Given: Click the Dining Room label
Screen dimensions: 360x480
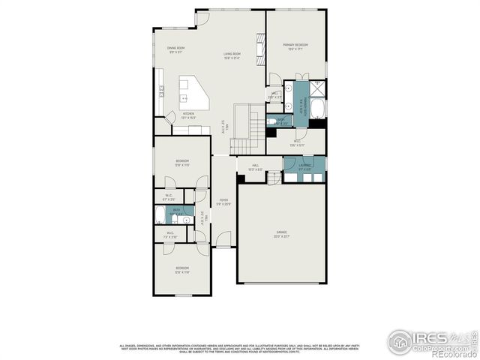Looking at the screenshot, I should (176, 49).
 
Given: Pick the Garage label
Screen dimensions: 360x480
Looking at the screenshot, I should (282, 234).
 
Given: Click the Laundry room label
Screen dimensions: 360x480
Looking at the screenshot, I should (304, 166).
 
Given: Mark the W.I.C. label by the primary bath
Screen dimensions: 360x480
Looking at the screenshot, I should (298, 142).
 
